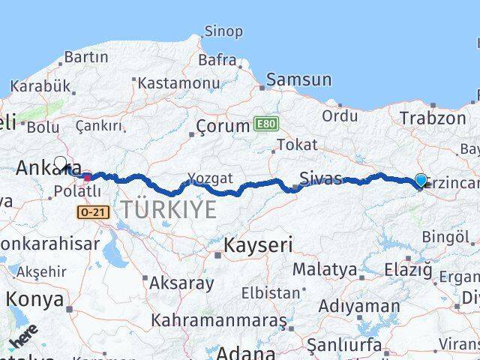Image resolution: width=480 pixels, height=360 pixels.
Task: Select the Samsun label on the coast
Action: [298, 79]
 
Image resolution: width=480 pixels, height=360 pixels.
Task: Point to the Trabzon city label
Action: [433, 118]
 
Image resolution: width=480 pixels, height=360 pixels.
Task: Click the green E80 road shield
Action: [264, 123]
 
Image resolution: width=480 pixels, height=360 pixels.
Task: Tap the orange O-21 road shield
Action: [92, 213]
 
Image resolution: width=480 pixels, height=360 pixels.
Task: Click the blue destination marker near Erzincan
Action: [421, 180]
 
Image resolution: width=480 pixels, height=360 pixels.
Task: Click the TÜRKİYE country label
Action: [168, 210]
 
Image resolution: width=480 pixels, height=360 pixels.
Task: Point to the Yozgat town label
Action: [210, 178]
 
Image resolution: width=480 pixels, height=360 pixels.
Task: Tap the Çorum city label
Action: [222, 126]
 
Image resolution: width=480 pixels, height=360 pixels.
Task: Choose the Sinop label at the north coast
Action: [223, 31]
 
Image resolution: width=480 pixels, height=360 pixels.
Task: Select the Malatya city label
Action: [324, 268]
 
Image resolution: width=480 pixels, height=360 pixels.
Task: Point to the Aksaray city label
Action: [181, 283]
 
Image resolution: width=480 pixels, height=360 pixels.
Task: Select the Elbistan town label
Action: [270, 292]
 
